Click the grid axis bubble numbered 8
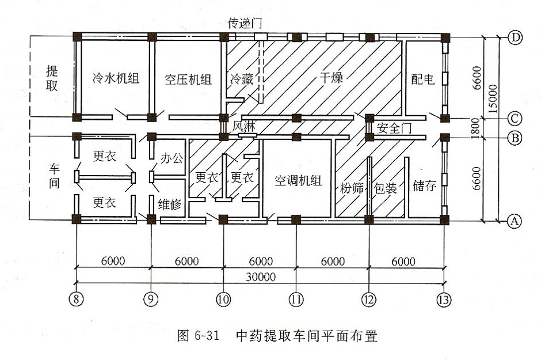(x=75, y=300)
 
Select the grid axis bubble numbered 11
(x=296, y=300)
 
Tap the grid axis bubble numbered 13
(x=444, y=300)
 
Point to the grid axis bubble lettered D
(x=515, y=38)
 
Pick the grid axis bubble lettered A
(x=515, y=220)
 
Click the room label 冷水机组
(x=116, y=78)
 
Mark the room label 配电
(x=423, y=79)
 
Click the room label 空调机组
(x=298, y=180)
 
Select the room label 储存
(x=425, y=185)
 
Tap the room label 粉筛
(x=352, y=187)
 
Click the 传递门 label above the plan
(x=245, y=24)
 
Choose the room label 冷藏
(x=241, y=79)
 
